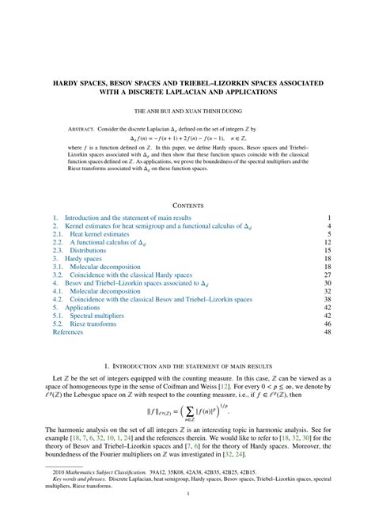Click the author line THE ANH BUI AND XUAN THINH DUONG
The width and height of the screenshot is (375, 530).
pos(187,112)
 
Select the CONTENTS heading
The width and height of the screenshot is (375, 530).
pos(187,205)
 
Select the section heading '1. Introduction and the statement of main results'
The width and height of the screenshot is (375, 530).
pos(187,366)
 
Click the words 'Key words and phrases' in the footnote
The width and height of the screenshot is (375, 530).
pos(84,501)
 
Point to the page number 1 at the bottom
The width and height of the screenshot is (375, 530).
pos(187,516)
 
